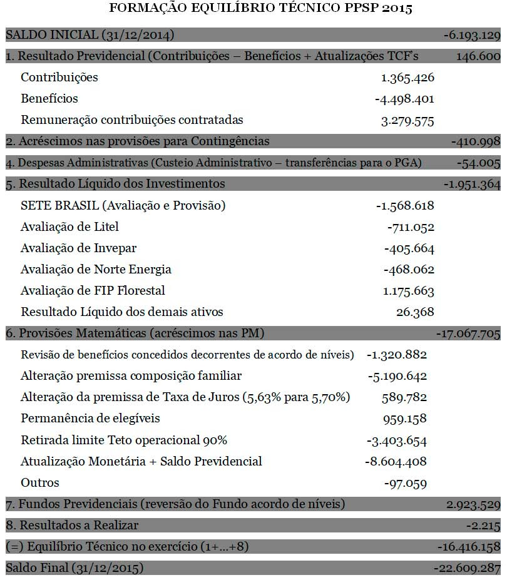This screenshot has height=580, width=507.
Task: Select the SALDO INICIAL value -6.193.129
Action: (472, 35)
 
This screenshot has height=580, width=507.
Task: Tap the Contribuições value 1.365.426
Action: (407, 78)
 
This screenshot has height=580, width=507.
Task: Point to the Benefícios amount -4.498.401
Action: (404, 99)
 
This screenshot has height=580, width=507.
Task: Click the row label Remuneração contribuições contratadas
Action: (132, 120)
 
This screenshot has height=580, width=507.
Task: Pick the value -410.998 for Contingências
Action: (476, 141)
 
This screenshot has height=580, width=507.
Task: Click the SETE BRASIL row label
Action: (123, 205)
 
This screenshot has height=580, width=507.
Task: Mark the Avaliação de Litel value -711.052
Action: (411, 227)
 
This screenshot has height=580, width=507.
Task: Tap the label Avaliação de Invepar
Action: (78, 248)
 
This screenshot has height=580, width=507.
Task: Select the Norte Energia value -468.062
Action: (409, 270)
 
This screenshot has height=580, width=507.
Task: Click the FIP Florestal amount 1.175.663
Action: (408, 291)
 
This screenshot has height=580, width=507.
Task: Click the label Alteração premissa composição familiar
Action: (131, 376)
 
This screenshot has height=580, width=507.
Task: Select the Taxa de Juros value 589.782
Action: (404, 397)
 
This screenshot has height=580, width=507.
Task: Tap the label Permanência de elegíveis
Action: (90, 418)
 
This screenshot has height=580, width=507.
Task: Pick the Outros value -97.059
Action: (406, 482)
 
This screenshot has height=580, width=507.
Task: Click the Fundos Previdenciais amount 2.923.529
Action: (473, 504)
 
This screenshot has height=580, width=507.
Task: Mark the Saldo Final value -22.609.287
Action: (467, 568)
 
